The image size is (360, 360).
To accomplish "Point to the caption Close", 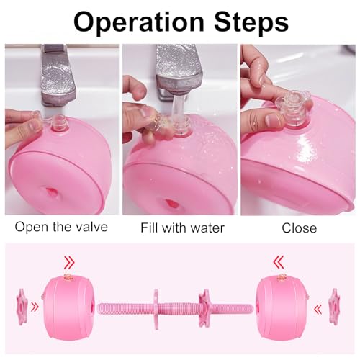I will [299, 228].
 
